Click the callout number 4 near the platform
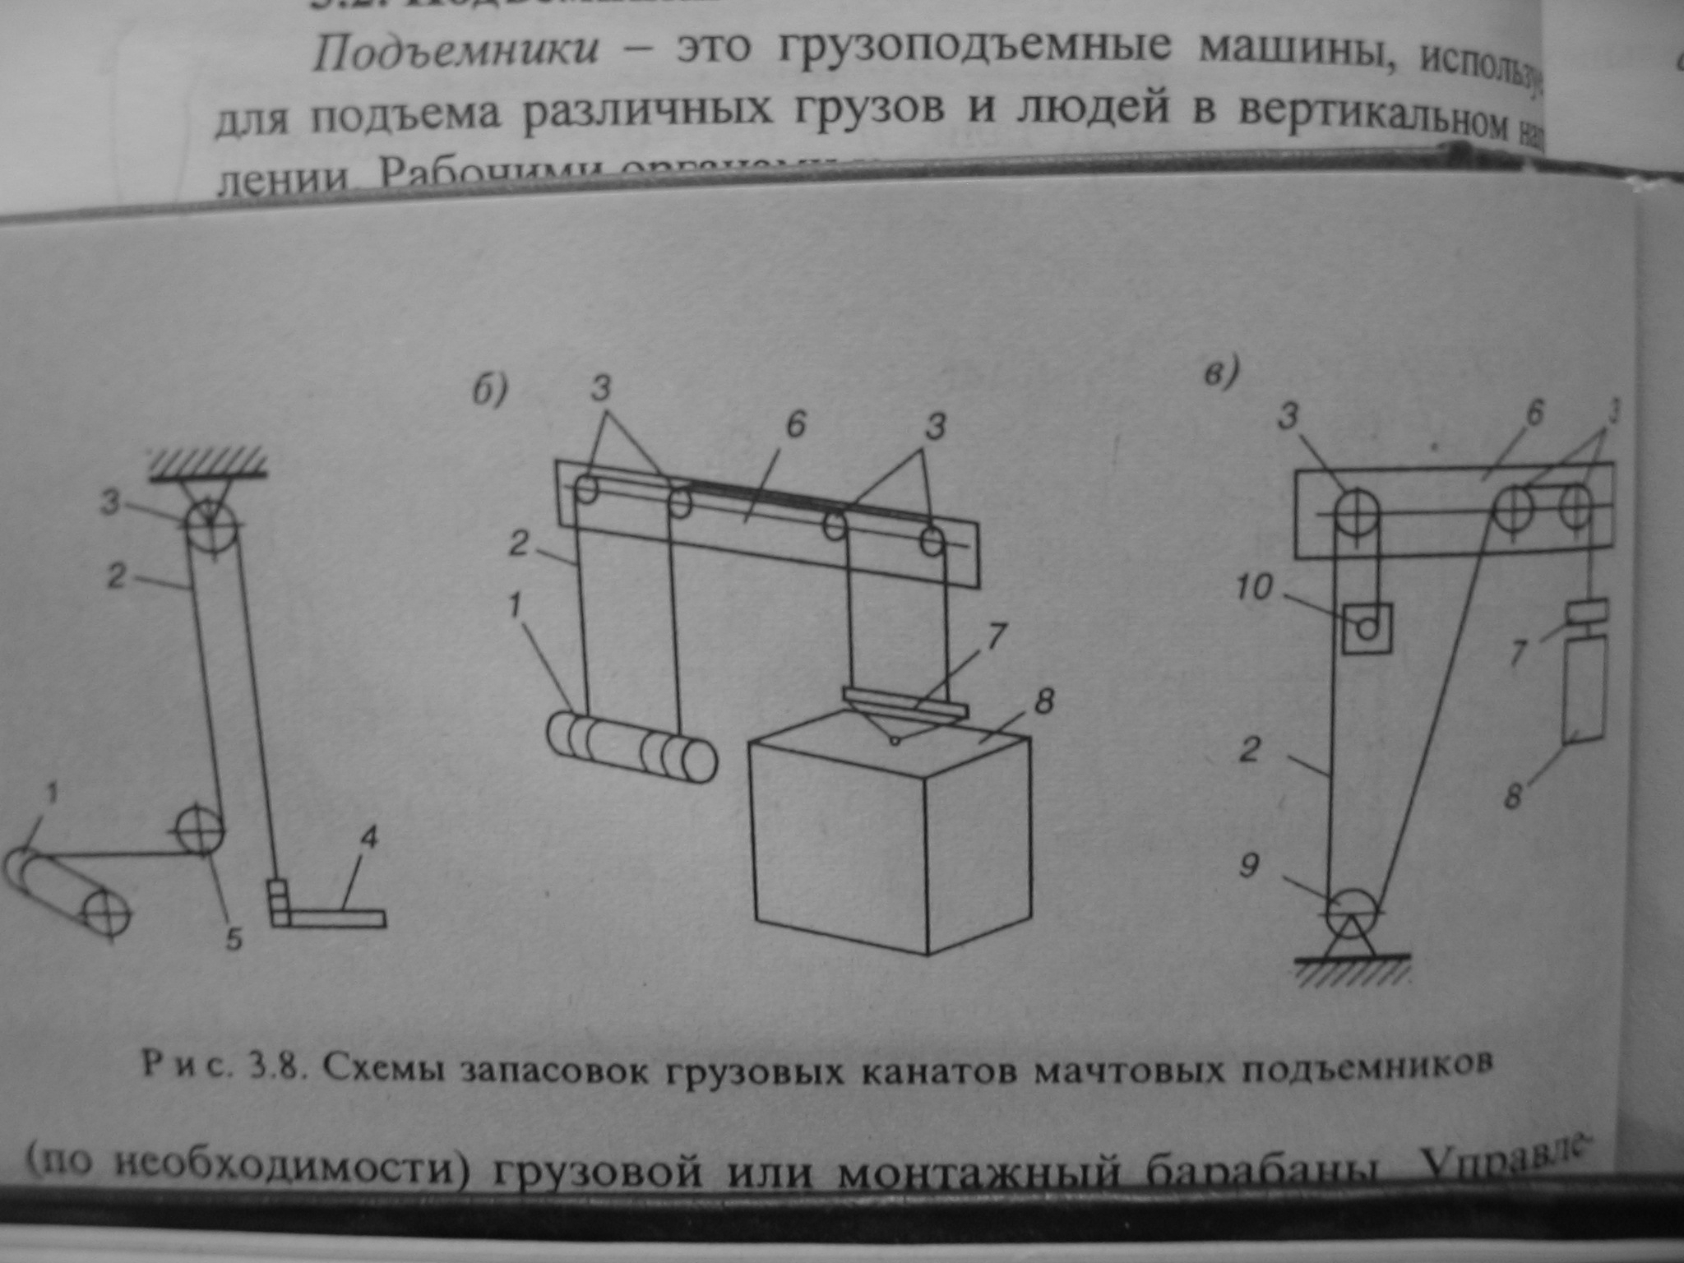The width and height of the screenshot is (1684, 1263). point(368,839)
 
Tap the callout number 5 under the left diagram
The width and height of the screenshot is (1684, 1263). point(234,940)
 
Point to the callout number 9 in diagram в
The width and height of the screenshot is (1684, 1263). point(1250,866)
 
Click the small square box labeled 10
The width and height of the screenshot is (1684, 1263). point(1367,628)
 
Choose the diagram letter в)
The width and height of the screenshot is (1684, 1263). point(1219,375)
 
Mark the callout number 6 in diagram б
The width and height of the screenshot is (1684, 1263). point(795,424)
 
